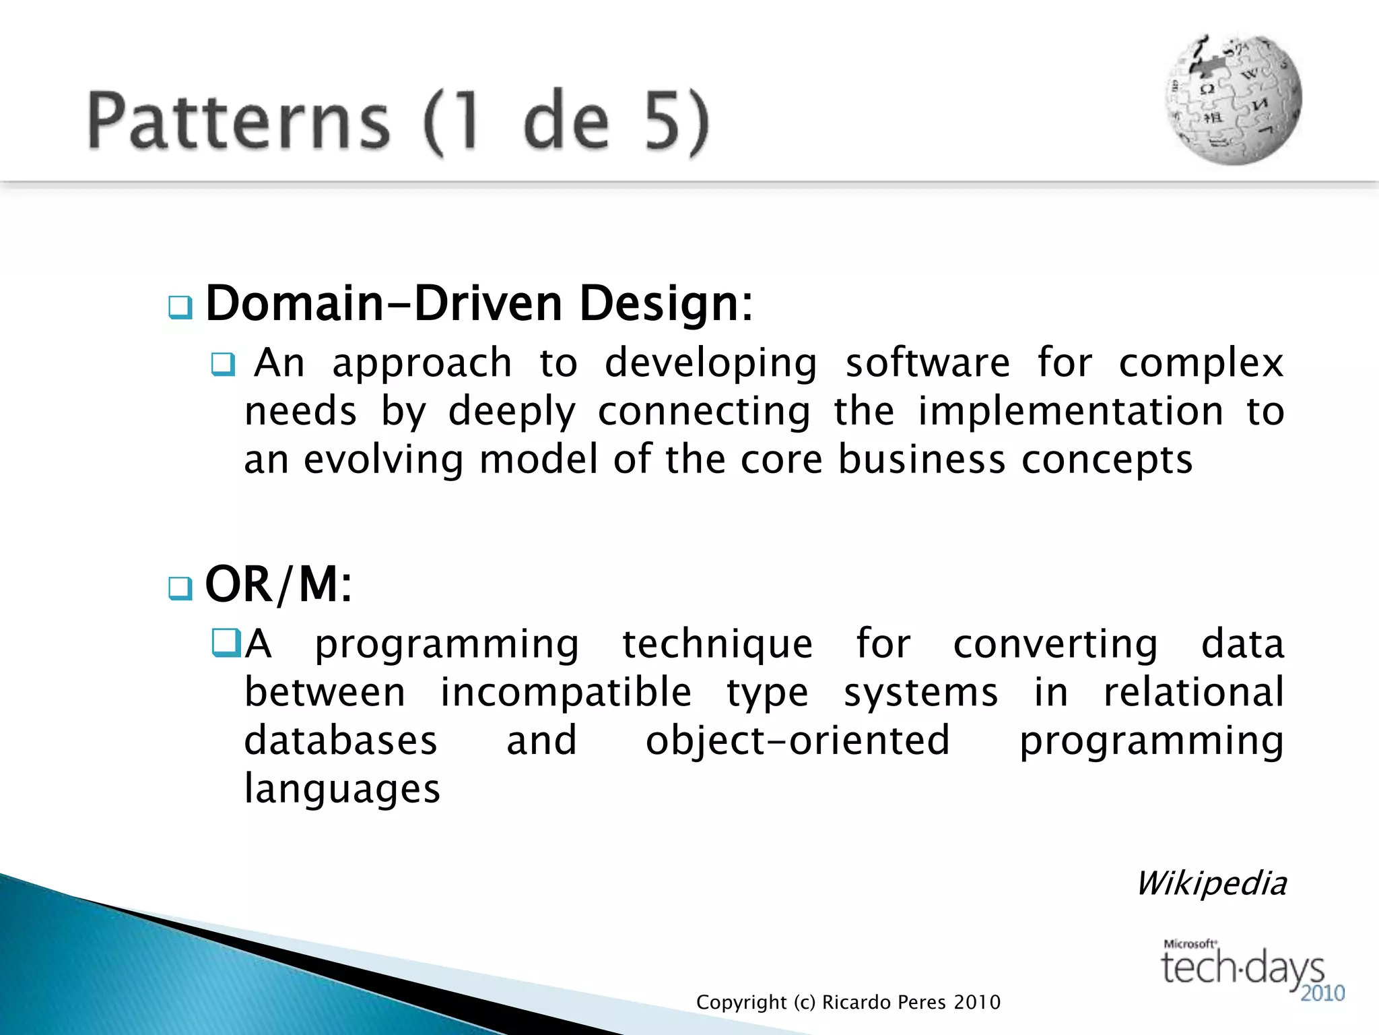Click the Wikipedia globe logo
click(x=1234, y=100)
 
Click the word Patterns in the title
click(x=238, y=121)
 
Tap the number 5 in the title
click(x=662, y=121)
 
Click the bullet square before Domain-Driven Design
click(x=180, y=307)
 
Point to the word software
click(x=927, y=363)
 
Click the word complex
click(x=1201, y=365)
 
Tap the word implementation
click(x=1071, y=412)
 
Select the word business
click(x=922, y=460)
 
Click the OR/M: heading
click(x=278, y=584)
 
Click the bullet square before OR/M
click(x=180, y=588)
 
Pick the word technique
click(x=717, y=644)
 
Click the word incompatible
click(x=566, y=693)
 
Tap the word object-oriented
click(x=797, y=741)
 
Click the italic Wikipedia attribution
click(x=1211, y=883)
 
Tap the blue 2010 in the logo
click(x=1322, y=993)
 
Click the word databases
click(x=341, y=741)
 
